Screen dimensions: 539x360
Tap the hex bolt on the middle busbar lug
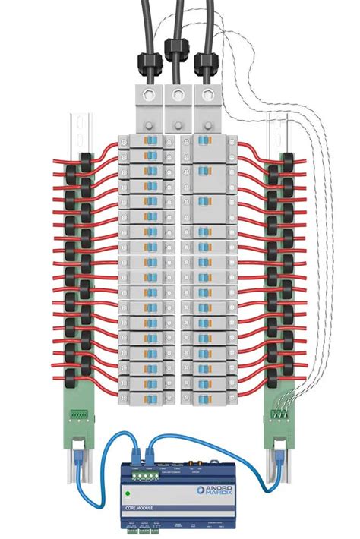point(177,95)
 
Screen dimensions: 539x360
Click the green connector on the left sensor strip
point(78,414)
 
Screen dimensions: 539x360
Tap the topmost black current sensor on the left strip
point(86,161)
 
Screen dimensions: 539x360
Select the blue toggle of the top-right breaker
point(203,141)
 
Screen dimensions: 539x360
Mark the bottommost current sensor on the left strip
point(86,370)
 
